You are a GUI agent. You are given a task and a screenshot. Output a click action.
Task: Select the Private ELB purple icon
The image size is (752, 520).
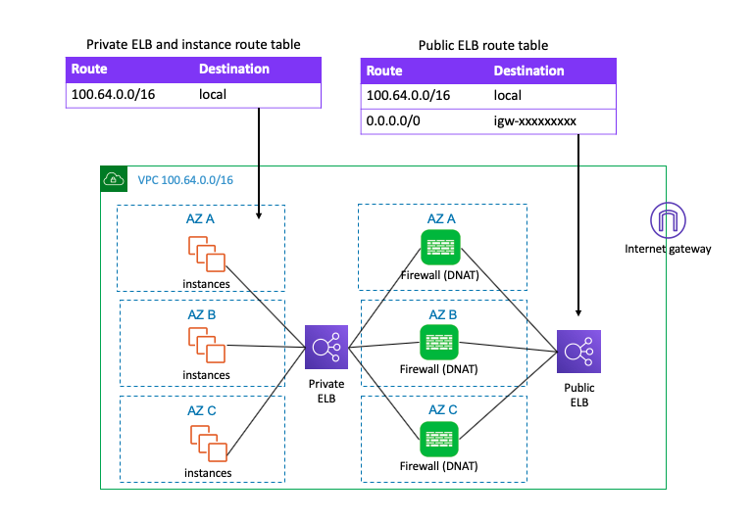point(325,347)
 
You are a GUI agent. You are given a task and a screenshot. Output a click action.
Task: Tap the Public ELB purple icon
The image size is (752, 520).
point(577,351)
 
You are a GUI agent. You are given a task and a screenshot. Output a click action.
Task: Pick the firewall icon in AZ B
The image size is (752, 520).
point(437,342)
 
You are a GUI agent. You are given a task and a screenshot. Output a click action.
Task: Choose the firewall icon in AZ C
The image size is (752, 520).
point(437,437)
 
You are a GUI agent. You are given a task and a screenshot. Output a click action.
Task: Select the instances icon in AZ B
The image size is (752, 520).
point(206,345)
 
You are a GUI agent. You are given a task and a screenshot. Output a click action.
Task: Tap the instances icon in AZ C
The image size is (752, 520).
point(206,443)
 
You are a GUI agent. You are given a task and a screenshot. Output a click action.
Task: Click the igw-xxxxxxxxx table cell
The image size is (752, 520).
point(534,121)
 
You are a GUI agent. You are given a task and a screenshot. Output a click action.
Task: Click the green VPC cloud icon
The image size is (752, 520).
point(113,179)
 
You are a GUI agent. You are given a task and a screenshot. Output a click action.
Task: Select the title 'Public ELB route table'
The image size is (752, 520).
point(482,45)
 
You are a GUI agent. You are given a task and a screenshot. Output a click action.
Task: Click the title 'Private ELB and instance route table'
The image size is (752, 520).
point(193,44)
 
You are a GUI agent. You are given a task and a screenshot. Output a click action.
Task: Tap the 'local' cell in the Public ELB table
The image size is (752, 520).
point(508,96)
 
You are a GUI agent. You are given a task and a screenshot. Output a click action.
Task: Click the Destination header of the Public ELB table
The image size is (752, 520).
point(528,71)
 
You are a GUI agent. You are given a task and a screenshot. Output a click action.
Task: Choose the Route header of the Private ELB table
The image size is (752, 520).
point(89,70)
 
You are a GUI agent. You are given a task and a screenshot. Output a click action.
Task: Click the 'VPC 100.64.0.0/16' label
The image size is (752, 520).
point(184,180)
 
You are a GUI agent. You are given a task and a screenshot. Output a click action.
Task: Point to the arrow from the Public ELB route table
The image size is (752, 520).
point(578,225)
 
